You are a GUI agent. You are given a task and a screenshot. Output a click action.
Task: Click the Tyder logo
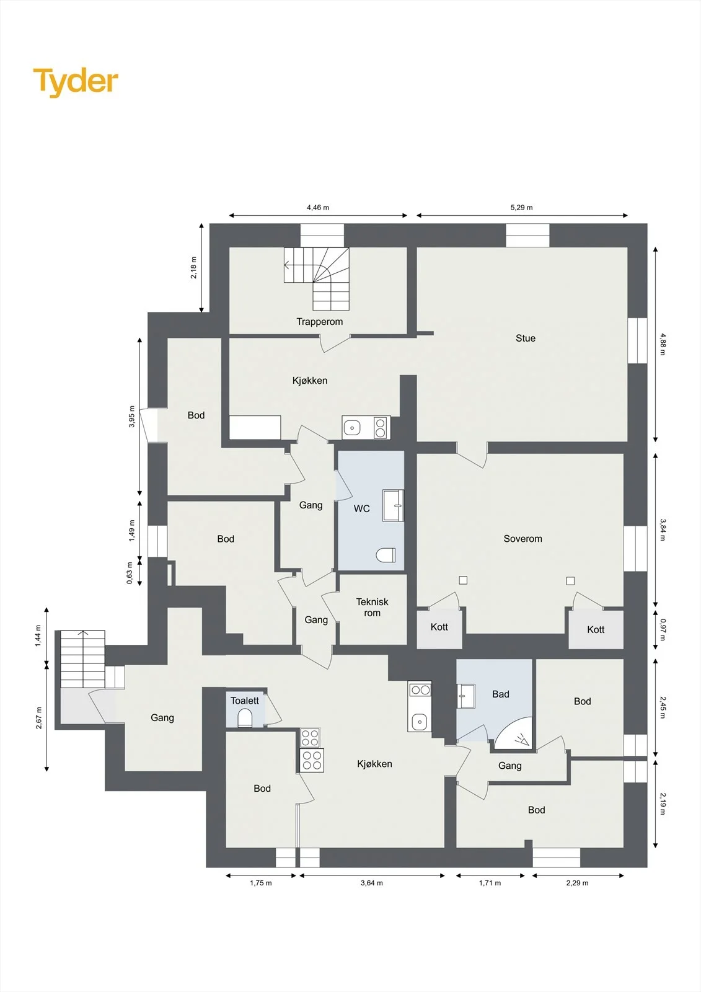(76, 82)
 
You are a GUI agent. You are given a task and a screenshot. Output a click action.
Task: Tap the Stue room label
(525, 338)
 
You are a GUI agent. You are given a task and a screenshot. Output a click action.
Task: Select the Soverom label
(522, 539)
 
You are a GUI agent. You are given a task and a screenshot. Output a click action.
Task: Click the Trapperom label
(319, 322)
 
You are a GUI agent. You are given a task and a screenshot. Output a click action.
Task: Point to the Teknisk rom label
(372, 607)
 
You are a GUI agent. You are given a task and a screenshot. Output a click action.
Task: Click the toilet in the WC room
(386, 555)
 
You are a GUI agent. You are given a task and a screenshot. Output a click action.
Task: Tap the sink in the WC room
(393, 505)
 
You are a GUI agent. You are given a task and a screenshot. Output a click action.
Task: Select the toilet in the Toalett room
(245, 718)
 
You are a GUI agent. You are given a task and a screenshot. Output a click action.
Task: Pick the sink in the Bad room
(465, 697)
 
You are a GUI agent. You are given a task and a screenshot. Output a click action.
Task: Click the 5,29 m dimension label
(522, 207)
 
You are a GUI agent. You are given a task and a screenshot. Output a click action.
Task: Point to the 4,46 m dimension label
(318, 207)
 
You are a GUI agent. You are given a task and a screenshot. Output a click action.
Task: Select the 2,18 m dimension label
(194, 267)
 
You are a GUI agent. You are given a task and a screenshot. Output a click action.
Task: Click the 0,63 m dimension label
(130, 573)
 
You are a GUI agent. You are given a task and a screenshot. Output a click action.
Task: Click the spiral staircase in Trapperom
(317, 278)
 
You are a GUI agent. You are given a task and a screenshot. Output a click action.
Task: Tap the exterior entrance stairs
(83, 658)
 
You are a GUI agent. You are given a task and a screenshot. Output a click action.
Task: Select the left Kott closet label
(439, 627)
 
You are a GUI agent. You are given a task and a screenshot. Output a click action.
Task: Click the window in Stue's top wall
(528, 235)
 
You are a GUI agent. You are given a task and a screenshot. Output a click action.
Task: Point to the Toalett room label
(244, 700)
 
